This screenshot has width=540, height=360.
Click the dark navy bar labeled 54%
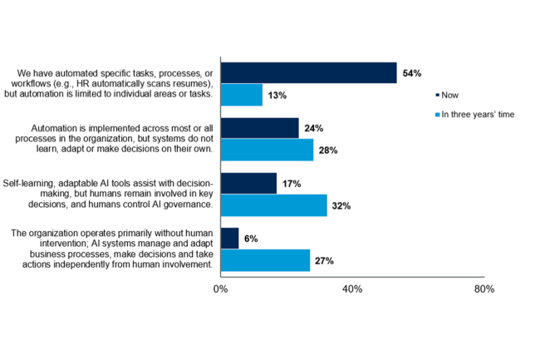coord(309,72)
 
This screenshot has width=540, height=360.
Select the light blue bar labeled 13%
coord(242,95)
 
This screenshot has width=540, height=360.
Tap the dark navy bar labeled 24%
coord(260,128)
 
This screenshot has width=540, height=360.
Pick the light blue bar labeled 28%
coord(268,150)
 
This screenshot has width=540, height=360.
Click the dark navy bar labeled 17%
coord(248,183)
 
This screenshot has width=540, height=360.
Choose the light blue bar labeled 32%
coord(274,205)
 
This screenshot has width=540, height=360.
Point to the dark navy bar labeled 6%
coord(229,239)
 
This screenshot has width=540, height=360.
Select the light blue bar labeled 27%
coord(266,260)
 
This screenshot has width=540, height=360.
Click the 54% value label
coord(412,73)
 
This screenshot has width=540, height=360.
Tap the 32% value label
coord(341,205)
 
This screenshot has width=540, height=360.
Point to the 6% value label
coord(251,239)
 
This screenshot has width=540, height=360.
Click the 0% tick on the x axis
coord(220,289)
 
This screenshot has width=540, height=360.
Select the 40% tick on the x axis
coord(352,289)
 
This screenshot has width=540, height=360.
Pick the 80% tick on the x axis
coord(484,289)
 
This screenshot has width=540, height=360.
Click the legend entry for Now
coord(447,95)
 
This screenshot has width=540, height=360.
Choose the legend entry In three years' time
coord(475,115)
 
